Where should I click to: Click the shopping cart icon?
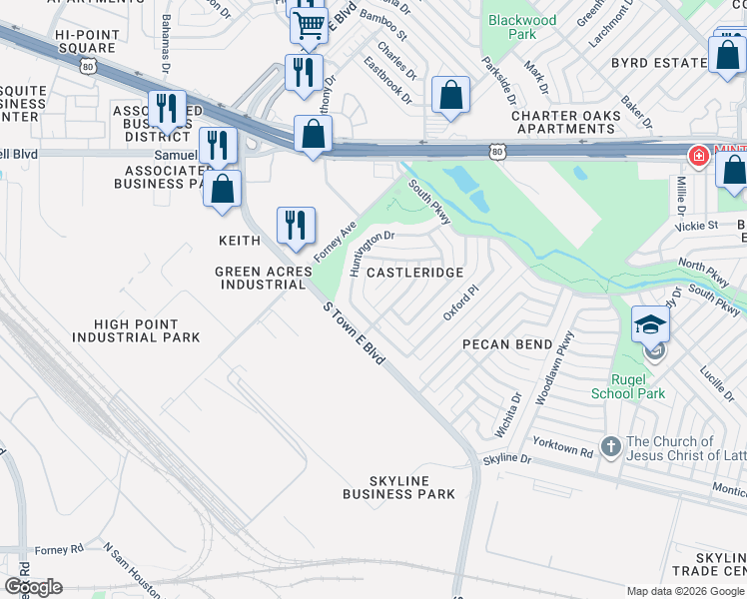coord(310,25)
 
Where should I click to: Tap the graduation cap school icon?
coord(650,322)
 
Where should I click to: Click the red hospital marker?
coord(699,156)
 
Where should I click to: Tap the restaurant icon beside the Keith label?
coord(295,225)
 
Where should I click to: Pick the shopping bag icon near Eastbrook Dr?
coord(451,96)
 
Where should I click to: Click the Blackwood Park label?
coord(520,27)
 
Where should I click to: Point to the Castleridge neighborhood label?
coord(415,272)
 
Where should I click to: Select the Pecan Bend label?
coord(507,344)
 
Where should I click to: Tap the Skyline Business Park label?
coord(398,487)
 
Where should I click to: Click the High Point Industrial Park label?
coord(136,331)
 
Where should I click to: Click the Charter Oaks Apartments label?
coord(565,123)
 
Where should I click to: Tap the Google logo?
coord(33,586)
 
